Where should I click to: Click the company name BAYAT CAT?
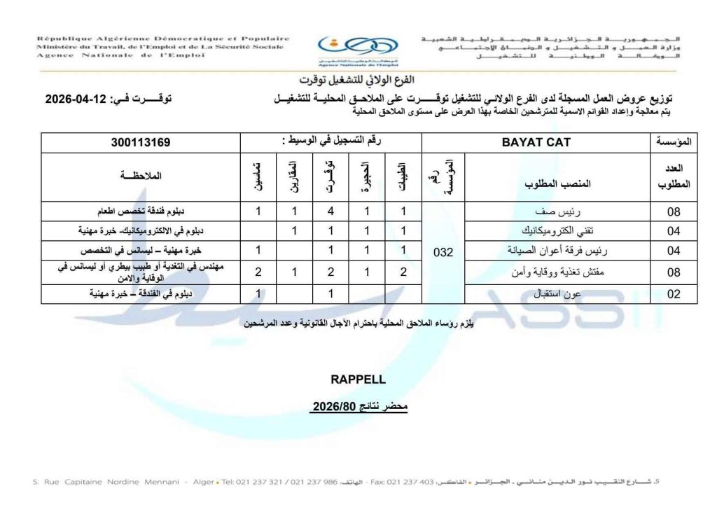[x=536, y=142]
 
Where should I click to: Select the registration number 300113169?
[x=141, y=142]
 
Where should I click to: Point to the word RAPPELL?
[x=358, y=380]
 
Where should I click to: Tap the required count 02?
[x=674, y=295]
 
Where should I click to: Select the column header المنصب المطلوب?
[x=558, y=184]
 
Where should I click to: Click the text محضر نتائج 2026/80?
[x=358, y=406]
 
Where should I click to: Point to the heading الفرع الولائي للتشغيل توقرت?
[x=358, y=79]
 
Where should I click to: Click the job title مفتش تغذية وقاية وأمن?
[x=557, y=273]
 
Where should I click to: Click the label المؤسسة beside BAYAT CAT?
[x=674, y=142]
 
